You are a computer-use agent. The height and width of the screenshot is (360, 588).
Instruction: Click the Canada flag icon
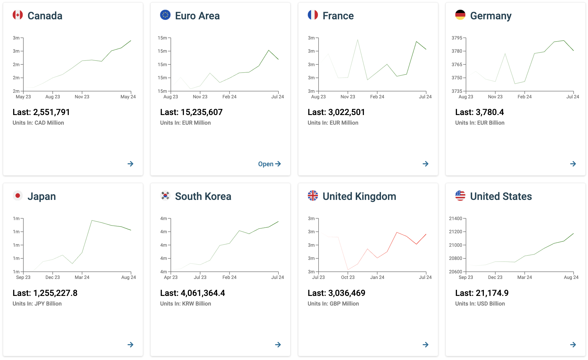(18, 15)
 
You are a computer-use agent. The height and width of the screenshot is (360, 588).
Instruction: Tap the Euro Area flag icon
(165, 15)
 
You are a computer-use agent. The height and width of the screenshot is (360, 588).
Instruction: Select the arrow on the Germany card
(573, 164)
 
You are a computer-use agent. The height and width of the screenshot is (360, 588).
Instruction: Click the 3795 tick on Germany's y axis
(457, 38)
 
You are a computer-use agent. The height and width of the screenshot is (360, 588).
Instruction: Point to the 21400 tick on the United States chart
(455, 219)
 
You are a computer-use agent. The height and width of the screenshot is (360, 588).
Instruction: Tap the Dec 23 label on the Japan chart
(53, 277)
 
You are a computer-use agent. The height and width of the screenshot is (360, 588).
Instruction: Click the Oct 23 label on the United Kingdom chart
(348, 277)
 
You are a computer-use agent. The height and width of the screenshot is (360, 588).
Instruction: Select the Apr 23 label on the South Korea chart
(171, 277)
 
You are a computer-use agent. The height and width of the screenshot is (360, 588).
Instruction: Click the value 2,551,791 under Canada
(51, 112)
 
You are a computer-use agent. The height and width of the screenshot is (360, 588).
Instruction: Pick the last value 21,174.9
(492, 293)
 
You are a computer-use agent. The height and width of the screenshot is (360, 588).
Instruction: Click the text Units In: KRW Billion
(185, 304)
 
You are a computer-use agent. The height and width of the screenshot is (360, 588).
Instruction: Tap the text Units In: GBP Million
(333, 304)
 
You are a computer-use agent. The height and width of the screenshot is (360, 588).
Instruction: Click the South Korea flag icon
(165, 196)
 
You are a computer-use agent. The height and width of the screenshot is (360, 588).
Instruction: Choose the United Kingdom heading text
(359, 196)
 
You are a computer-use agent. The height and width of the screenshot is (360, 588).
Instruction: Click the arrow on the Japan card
(130, 345)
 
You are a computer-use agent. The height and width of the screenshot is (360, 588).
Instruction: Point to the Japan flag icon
(18, 196)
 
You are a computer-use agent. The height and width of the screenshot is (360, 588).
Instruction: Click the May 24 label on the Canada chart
(128, 97)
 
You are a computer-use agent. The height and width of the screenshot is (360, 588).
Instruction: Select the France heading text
(338, 16)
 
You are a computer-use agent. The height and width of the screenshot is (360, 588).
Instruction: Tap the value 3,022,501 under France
(347, 112)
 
